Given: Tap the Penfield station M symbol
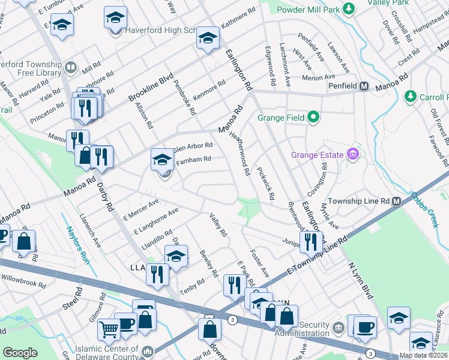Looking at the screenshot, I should coord(364,86).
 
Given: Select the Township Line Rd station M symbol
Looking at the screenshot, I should coord(396,202).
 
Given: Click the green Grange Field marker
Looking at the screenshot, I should coord(313,118).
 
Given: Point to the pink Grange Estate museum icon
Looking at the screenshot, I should coord(353,155).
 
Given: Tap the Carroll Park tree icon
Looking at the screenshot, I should coord(411,96).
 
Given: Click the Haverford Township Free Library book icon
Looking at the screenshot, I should coord(70,67).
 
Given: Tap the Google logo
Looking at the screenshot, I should coord(20,353).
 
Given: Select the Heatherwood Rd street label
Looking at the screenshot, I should coord(240,154).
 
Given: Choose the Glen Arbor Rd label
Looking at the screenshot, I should coord(193,146).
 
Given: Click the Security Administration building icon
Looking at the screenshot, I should coord(338,327).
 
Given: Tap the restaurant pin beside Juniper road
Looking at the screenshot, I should coord(310,241).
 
